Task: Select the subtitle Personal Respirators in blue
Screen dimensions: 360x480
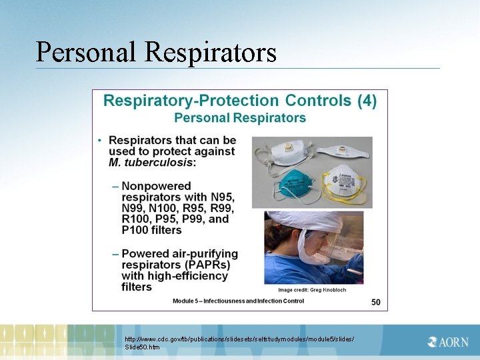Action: coord(240,118)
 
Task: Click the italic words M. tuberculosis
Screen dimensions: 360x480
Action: coord(151,162)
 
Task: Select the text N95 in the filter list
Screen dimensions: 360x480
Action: coord(221,197)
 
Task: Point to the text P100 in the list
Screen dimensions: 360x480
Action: coord(137,230)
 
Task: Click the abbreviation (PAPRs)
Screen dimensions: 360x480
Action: coord(205,265)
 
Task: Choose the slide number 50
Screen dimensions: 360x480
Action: coord(376,302)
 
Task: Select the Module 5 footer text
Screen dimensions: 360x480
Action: coord(238,301)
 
